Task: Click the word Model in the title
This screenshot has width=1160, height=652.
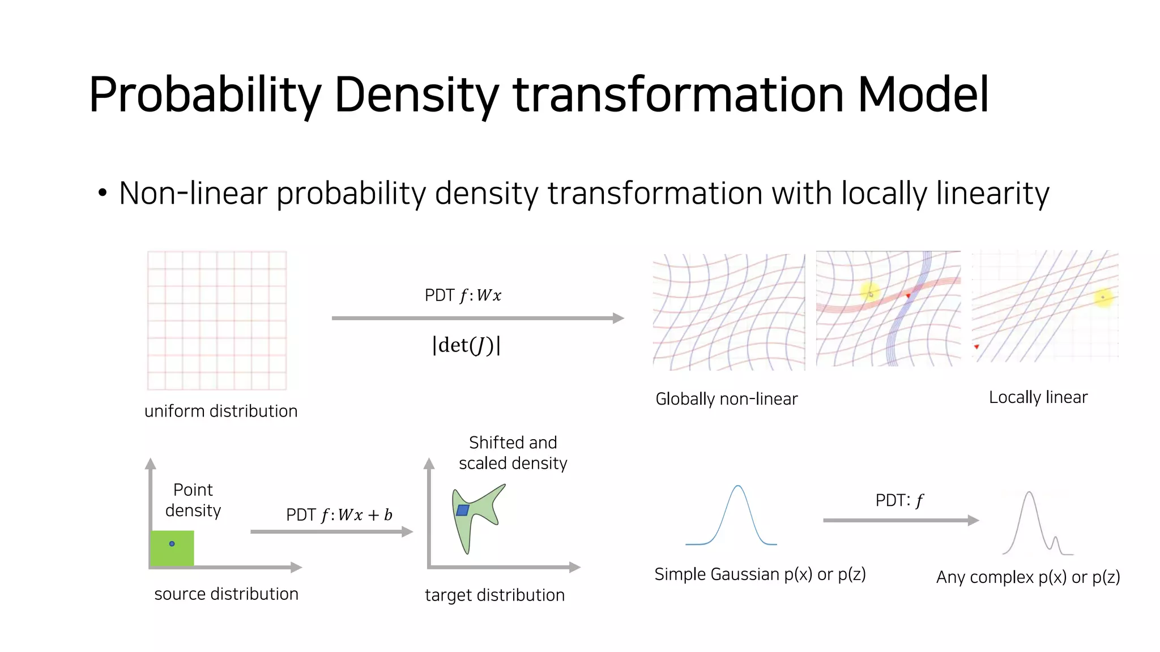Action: tap(923, 95)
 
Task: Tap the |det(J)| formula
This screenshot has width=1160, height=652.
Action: tap(466, 345)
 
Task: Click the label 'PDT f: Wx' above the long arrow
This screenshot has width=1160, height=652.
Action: tap(463, 295)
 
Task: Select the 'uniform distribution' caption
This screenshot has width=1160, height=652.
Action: tap(221, 411)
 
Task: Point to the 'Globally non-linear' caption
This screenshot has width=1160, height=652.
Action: tap(726, 399)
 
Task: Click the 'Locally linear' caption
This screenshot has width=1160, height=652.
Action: tap(1038, 397)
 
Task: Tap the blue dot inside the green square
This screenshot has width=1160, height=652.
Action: tap(172, 544)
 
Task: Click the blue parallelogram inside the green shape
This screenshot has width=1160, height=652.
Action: tap(463, 510)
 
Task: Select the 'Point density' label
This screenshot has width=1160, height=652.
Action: tap(193, 500)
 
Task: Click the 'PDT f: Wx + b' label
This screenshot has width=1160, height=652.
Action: tap(339, 515)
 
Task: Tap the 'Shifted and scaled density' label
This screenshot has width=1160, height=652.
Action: tap(513, 453)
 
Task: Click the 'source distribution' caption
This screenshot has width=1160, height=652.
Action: tap(226, 594)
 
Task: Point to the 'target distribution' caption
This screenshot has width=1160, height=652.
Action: tap(494, 595)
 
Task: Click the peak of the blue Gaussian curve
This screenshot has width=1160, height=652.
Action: tap(737, 486)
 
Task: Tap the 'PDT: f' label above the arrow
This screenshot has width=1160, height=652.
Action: tap(899, 500)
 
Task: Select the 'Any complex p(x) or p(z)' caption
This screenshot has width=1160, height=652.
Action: tap(1027, 577)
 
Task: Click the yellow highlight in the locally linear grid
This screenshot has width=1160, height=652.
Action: tap(1103, 297)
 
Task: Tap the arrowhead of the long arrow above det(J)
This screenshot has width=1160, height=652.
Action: tap(619, 318)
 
